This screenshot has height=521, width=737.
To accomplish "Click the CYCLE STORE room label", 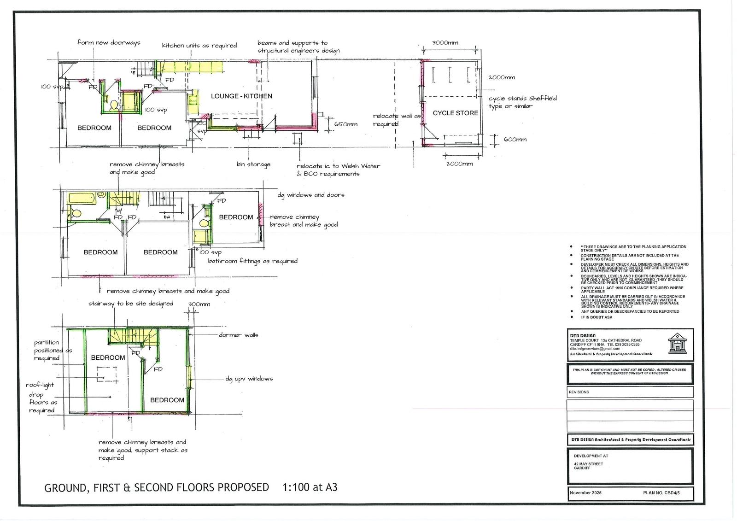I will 455,113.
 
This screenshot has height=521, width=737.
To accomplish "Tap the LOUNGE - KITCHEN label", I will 241,96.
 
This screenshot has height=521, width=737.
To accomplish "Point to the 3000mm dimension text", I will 445,43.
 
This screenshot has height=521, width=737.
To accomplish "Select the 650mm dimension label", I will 345,124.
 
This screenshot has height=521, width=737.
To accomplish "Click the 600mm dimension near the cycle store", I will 515,140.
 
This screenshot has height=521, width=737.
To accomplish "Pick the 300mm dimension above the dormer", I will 199,304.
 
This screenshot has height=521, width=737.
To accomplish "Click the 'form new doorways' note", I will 109,43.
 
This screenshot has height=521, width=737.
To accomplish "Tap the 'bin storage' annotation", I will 253,164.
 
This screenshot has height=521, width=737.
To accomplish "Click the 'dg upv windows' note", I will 249,379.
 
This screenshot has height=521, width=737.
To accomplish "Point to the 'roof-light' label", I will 40,385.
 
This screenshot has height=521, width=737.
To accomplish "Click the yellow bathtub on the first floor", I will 82,199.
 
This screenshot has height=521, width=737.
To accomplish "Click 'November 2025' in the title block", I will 585,493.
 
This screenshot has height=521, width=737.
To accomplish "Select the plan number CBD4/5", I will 661,493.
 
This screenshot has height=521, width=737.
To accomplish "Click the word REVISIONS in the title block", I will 579,392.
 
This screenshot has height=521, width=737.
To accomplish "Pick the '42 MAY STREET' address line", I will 588,464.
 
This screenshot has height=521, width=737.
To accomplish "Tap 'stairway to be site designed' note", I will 131,304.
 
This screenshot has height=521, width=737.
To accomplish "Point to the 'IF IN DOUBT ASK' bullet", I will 597,317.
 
